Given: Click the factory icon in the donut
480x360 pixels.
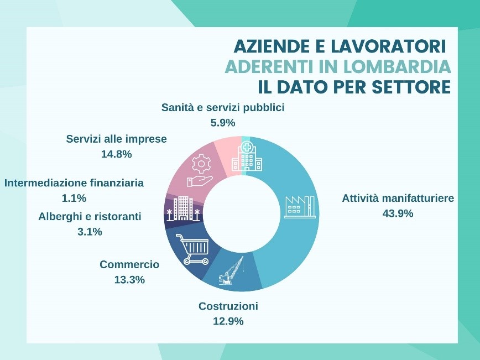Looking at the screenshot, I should coord(299,206).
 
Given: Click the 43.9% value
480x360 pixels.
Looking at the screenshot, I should coord(398,213).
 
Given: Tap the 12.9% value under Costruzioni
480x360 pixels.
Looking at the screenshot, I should coord(228,321).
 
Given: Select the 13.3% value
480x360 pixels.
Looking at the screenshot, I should coord(129,280).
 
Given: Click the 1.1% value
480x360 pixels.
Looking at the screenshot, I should coord(74,198).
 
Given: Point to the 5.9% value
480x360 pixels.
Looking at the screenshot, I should coord(223,123).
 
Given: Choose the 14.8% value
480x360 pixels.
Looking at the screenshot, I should coord(116,154).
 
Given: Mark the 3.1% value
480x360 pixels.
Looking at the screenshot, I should coord(90,232).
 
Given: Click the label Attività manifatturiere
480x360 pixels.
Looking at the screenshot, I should coord(398,198).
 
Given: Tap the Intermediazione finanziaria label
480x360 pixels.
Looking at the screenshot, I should coord(74,182).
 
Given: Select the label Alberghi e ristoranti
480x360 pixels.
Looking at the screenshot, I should coord(90,216).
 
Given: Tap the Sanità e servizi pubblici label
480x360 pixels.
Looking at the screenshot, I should coord(223,107).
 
